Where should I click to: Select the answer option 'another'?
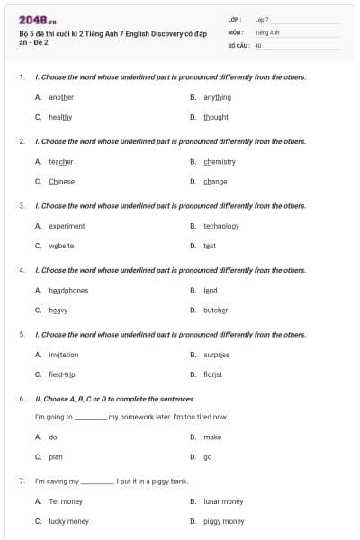coord(61,97)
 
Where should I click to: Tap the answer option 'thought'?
coord(216,117)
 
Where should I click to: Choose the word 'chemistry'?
coord(220,162)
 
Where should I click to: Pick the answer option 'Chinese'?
coord(62,182)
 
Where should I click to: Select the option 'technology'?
coord(221,226)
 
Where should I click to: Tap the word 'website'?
coord(61,246)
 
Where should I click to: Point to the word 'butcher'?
coord(216,310)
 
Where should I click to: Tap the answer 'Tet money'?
coord(66,501)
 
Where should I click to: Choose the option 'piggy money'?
coord(224,521)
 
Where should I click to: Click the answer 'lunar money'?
coord(223,501)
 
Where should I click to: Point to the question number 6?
coord(22,398)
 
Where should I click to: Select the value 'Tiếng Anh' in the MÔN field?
coord(267,31)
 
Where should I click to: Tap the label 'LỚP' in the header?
coord(235,19)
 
